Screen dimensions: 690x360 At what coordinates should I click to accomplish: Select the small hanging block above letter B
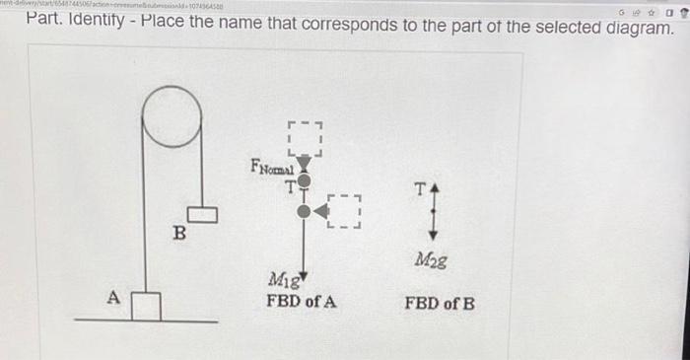[x=204, y=211]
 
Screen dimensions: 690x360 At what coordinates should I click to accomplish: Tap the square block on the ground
[x=147, y=305]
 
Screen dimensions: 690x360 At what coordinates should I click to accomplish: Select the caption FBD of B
[x=440, y=302]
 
